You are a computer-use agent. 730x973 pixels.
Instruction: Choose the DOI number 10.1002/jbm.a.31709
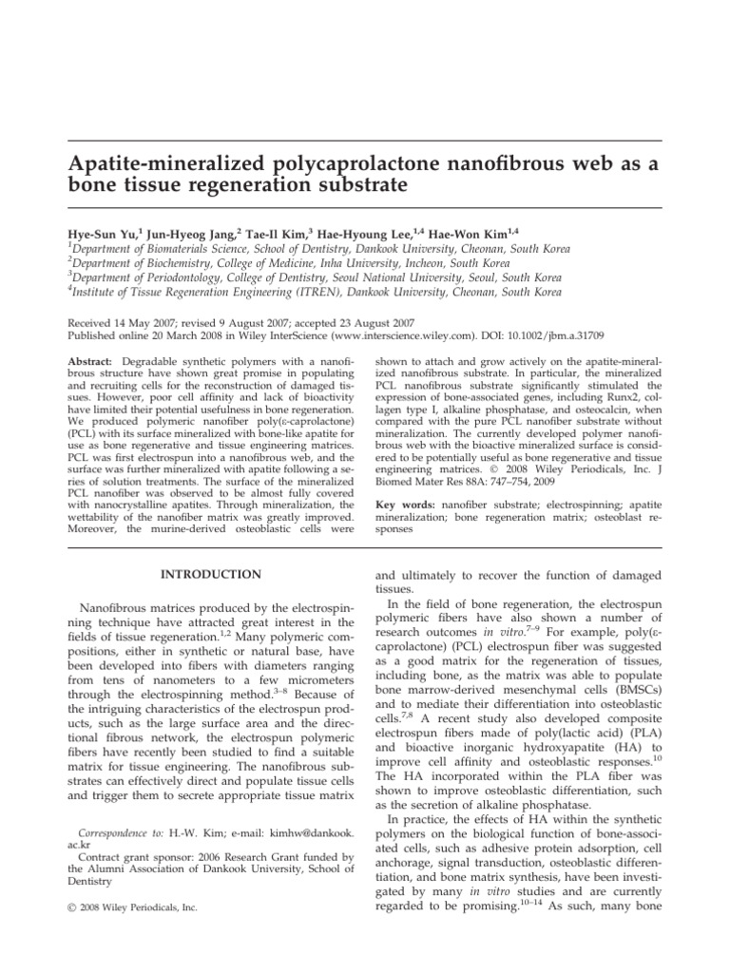[x=565, y=335]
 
